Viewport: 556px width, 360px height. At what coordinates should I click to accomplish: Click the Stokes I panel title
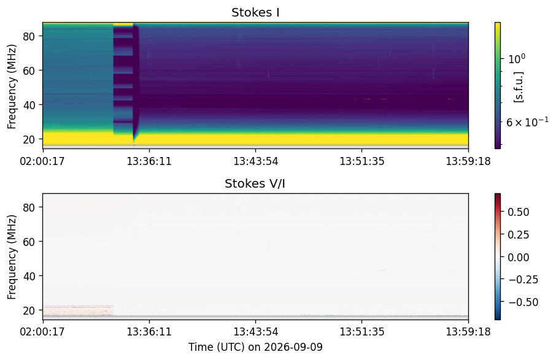(x=255, y=13)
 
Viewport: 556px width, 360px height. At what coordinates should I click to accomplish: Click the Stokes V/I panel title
(x=255, y=183)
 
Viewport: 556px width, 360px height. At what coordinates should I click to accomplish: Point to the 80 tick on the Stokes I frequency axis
(x=29, y=37)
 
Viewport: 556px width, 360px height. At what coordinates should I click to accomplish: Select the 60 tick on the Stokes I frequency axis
(x=29, y=71)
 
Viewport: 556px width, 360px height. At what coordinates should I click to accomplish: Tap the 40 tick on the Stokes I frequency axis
(x=29, y=105)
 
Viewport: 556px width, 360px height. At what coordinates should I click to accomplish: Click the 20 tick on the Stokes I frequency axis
(x=29, y=140)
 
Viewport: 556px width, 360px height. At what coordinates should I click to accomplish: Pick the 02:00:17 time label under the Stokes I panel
(x=42, y=161)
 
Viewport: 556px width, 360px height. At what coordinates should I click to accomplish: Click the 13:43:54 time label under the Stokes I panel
(x=256, y=161)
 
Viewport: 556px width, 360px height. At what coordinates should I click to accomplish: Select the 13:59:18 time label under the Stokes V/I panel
(x=468, y=332)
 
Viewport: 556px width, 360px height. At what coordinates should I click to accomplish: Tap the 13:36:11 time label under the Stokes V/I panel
(x=149, y=332)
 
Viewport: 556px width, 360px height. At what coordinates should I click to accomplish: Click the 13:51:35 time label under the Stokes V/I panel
(x=362, y=332)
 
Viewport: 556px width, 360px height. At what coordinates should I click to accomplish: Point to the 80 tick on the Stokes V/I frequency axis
(x=29, y=207)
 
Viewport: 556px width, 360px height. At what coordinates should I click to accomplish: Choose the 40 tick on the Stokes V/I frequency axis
(x=29, y=276)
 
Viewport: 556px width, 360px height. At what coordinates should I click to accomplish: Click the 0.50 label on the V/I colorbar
(x=519, y=212)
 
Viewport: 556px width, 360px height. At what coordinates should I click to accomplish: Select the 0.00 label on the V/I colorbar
(x=519, y=257)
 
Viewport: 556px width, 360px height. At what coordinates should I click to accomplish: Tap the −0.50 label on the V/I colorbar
(x=523, y=302)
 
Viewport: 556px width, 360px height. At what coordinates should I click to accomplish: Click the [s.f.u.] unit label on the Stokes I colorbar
(x=519, y=87)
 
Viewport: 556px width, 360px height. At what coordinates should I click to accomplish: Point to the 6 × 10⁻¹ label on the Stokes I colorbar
(x=527, y=121)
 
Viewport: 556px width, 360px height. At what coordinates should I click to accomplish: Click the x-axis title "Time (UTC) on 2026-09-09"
(x=255, y=347)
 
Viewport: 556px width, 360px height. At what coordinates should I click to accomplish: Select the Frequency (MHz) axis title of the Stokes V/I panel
(x=12, y=257)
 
